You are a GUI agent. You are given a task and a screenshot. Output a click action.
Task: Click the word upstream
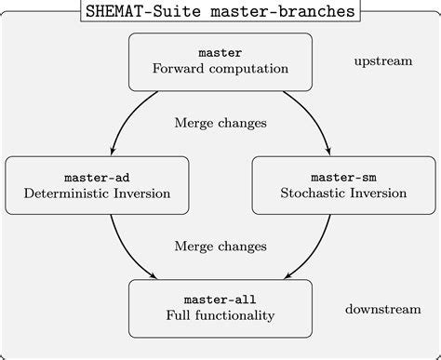pyautogui.click(x=382, y=61)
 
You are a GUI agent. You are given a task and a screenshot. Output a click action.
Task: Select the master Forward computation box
pyautogui.click(x=220, y=60)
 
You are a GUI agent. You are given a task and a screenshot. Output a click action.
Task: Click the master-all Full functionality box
pyautogui.click(x=220, y=308)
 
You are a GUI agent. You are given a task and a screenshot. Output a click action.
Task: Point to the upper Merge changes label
pyautogui.click(x=220, y=123)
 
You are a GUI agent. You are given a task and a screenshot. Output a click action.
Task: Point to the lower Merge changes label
pyautogui.click(x=220, y=247)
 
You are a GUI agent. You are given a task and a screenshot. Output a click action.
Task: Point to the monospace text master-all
pyautogui.click(x=220, y=299)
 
